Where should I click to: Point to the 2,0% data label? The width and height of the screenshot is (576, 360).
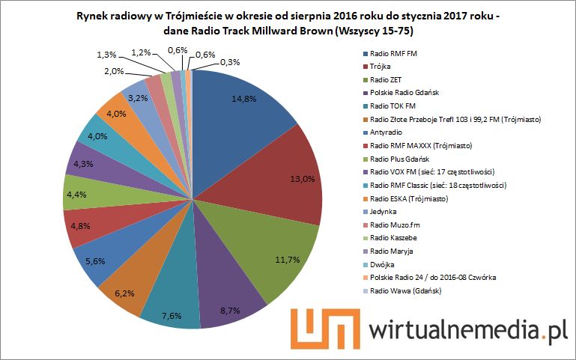(115, 70)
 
